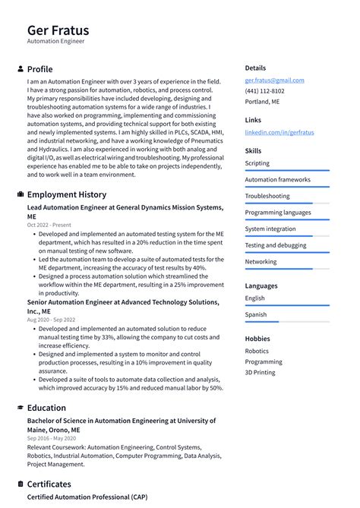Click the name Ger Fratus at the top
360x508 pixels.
tap(58, 30)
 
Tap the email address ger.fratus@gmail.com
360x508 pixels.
tap(274, 80)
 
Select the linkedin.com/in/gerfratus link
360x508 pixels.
tap(279, 132)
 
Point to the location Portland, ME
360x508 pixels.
tap(262, 101)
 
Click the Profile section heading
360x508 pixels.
tap(40, 69)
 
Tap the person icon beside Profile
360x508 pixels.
tap(21, 69)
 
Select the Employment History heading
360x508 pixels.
tap(67, 194)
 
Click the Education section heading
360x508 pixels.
tap(46, 408)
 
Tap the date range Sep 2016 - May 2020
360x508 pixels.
tap(52, 438)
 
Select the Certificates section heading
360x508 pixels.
tap(49, 484)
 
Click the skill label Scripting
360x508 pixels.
tap(257, 163)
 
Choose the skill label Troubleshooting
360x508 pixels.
tap(267, 196)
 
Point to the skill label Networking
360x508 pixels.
tap(261, 262)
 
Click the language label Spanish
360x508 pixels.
tap(255, 314)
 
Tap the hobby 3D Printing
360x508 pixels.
tap(260, 373)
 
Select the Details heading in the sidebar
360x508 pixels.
tap(255, 68)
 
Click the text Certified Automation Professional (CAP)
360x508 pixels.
tap(87, 497)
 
